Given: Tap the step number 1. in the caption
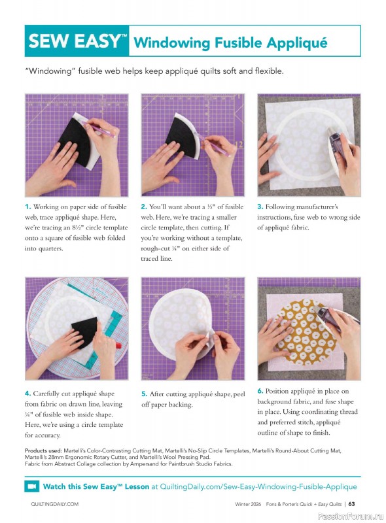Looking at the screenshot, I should click(28, 207).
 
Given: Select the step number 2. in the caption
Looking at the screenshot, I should click(144, 207).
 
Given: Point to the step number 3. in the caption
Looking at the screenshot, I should click(260, 207).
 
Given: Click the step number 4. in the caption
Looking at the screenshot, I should click(28, 394).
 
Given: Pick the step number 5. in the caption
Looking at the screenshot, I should click(144, 394).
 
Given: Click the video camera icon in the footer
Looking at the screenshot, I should click(32, 486).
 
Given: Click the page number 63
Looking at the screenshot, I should click(352, 503).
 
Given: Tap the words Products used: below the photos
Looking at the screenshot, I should click(44, 451).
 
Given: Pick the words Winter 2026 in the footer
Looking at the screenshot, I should click(252, 504).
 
